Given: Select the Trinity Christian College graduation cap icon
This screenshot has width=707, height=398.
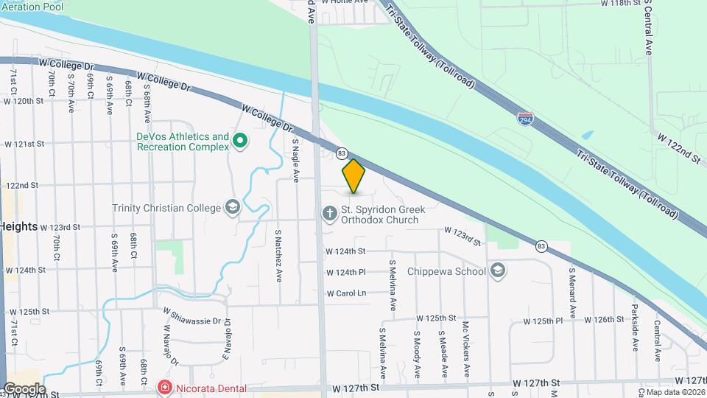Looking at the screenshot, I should (233, 207).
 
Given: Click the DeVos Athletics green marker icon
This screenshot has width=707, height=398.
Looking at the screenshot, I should (239, 140).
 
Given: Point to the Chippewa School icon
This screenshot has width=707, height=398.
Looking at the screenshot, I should (498, 271).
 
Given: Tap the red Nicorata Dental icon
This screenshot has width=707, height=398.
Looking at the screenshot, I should (163, 388).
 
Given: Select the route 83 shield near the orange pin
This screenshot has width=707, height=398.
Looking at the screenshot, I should (341, 153).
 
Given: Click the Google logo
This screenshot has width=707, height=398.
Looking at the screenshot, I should (24, 388).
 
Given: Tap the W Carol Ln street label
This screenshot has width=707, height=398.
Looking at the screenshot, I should (346, 293).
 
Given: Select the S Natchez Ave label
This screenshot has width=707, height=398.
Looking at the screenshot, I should (278, 255).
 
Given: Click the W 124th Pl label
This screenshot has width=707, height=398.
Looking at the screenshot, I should (346, 272).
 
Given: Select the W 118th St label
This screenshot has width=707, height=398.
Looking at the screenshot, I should (622, 4).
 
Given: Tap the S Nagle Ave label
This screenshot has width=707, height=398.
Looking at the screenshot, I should (295, 159).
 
